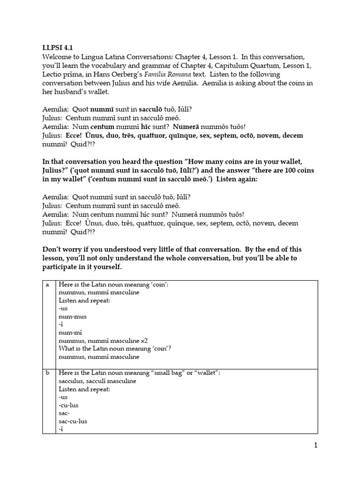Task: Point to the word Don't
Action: click(51, 249)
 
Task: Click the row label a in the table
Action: click(47, 284)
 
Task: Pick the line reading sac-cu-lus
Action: click(73, 421)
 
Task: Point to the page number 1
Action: click(316, 446)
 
